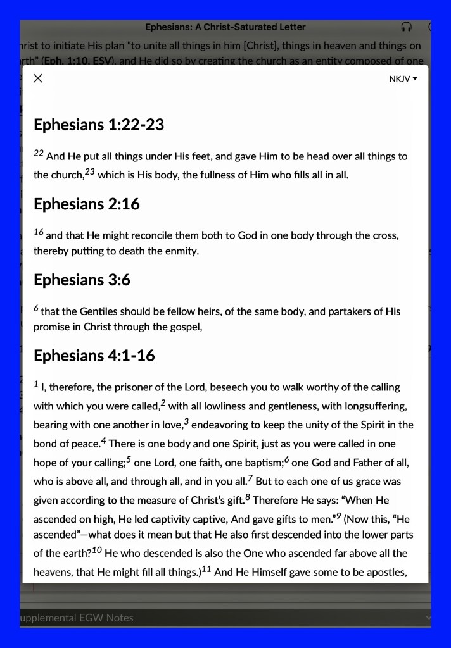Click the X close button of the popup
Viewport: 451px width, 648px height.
click(38, 78)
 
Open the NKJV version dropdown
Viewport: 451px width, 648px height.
click(403, 79)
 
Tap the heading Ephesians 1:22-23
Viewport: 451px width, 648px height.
click(99, 125)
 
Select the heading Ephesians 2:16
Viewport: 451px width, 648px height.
click(87, 204)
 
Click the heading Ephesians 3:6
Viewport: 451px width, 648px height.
click(82, 280)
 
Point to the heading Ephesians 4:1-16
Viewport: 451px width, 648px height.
click(94, 356)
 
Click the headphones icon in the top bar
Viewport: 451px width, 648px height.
click(407, 27)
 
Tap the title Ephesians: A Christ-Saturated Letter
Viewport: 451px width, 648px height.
click(225, 27)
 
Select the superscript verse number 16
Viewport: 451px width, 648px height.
click(38, 232)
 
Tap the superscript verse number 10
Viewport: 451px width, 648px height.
click(96, 550)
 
